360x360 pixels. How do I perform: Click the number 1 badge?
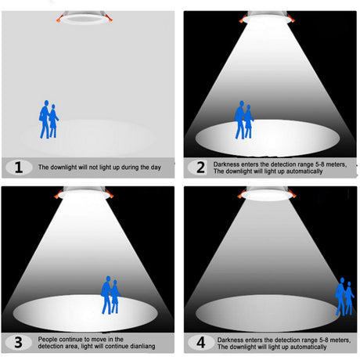coord(19,167)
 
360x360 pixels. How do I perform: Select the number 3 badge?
coord(19,342)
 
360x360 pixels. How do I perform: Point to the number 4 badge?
coord(201,342)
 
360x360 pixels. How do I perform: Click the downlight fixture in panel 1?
coord(85,18)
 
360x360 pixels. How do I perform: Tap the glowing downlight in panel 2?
coord(267,18)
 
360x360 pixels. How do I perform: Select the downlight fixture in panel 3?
coord(85,193)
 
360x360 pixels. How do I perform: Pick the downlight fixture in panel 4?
coord(266,193)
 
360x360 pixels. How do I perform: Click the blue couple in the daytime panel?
coord(49,119)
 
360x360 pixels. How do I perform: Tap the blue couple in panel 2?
coord(244,120)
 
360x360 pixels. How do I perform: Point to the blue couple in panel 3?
coord(110,295)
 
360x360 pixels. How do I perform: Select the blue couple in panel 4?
coord(344,297)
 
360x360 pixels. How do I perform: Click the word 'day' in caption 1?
coord(156,167)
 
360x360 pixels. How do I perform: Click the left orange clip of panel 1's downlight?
coord(59,19)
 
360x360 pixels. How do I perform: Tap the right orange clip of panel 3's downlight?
coord(110,194)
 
